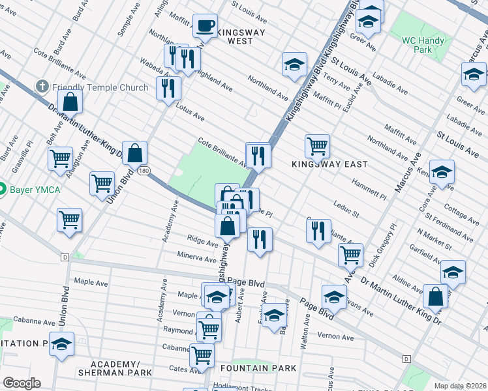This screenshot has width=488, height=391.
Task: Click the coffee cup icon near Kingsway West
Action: click(x=206, y=27)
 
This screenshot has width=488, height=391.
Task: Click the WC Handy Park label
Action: click(x=423, y=45)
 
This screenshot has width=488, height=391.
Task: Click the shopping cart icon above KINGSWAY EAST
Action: click(x=317, y=146)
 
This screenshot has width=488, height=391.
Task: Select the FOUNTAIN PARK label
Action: click(x=268, y=368)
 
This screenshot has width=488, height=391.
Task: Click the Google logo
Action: click(x=22, y=383)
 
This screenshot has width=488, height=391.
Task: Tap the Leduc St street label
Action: click(x=346, y=209)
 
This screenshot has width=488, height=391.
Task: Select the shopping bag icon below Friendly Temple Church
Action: click(x=70, y=102)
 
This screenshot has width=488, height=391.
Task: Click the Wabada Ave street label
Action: click(x=154, y=70)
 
